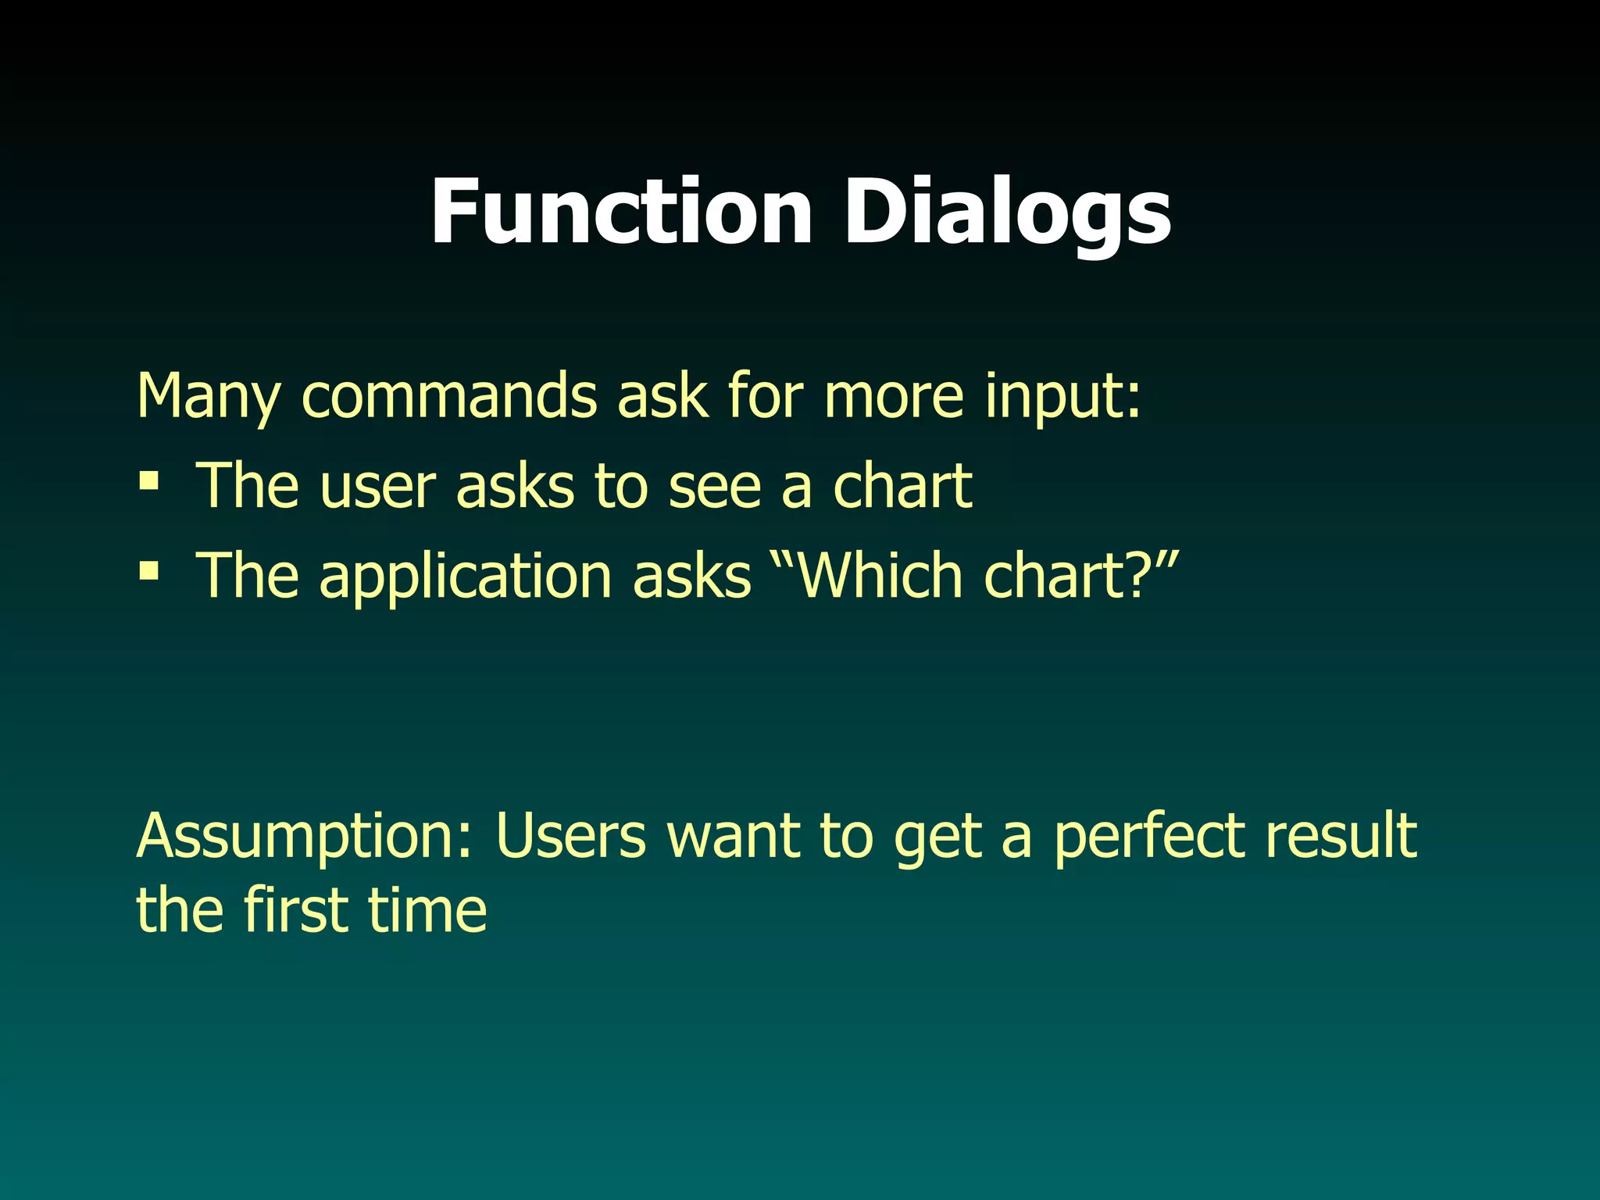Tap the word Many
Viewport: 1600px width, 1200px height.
[x=208, y=397]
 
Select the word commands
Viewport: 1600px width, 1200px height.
[x=449, y=397]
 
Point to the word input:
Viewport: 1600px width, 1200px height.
[x=1062, y=397]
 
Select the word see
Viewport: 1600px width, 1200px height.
[x=715, y=486]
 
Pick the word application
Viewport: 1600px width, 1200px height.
[x=466, y=577]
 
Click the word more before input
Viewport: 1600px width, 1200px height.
[x=894, y=397]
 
